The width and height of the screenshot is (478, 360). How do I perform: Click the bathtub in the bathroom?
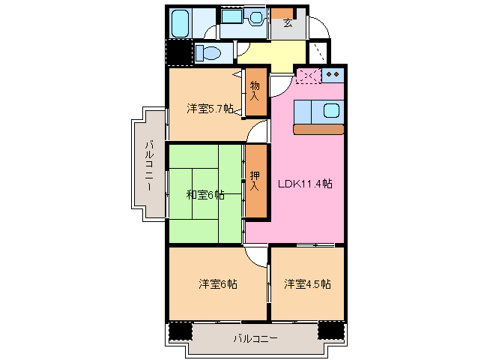click(x=180, y=24)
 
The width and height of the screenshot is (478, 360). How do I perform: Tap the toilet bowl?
click(x=208, y=53)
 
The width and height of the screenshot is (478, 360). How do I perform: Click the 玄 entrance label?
click(x=288, y=22)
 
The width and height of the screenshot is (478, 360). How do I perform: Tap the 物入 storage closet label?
click(x=255, y=91)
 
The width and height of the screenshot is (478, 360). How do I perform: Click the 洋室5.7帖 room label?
click(x=209, y=109)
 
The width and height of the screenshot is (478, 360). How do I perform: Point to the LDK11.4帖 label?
click(x=306, y=184)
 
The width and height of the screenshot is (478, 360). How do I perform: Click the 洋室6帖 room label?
click(x=218, y=284)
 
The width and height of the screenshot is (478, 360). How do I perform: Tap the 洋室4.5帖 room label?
click(x=307, y=284)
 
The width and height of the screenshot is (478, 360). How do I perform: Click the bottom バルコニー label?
click(x=255, y=339)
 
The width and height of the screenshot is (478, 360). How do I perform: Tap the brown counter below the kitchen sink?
click(x=318, y=129)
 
